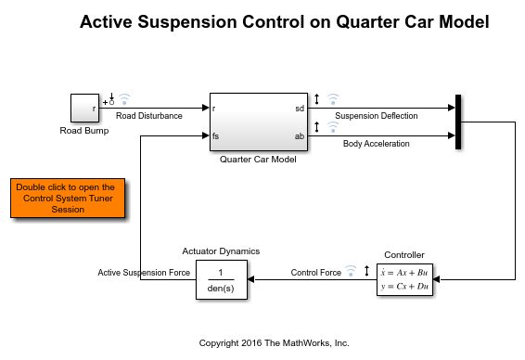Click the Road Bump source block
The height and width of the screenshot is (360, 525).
coord(84,108)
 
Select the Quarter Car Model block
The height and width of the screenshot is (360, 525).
coord(259,122)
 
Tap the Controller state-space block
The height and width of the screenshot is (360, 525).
coord(404,279)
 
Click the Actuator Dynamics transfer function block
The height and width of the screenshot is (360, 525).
coord(222,279)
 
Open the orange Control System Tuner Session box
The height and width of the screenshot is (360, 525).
coord(68,199)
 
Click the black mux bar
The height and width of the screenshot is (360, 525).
coord(458,122)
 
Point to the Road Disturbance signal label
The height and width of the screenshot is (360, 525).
coord(149,116)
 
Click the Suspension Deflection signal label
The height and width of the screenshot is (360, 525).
coord(377,116)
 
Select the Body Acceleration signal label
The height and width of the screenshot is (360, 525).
coord(377,144)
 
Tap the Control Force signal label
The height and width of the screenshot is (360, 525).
coord(316,273)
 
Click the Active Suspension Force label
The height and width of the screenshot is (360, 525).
coord(144,273)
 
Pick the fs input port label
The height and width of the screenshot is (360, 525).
coord(215,136)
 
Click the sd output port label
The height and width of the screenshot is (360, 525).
coord(300,109)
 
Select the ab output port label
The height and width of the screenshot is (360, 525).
coord(300,136)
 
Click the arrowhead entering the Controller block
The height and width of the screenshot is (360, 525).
coord(436,279)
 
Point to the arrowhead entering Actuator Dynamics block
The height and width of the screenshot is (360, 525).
coord(250,279)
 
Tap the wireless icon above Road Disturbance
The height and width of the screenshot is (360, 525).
coord(124,98)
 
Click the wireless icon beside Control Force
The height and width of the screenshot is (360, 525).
coord(351,271)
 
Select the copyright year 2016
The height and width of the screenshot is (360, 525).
coord(251,343)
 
